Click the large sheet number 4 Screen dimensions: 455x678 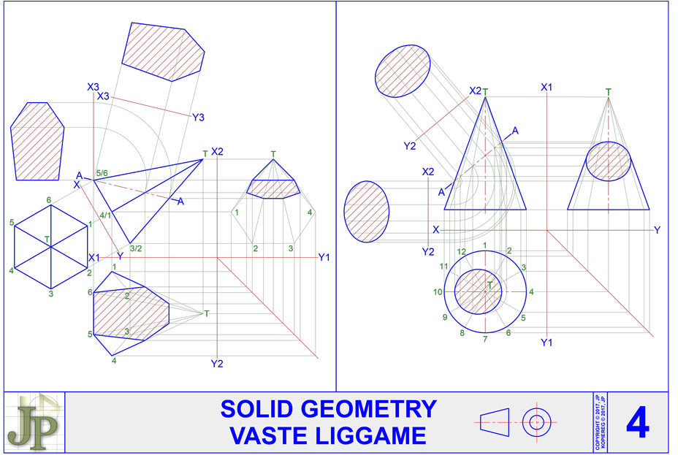pos(637,423)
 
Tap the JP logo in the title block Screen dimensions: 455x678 pos(34,423)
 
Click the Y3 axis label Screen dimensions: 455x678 pos(199,117)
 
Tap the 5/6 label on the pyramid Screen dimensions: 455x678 pos(102,173)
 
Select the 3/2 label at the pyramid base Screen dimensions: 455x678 pos(136,249)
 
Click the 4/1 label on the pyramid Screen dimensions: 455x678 pos(105,215)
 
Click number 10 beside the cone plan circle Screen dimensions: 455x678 pos(438,292)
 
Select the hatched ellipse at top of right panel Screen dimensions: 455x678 pos(403,71)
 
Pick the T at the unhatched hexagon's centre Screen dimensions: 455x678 pos(47,239)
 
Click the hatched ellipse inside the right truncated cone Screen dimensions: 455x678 pos(609,162)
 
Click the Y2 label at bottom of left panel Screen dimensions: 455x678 pos(216,364)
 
